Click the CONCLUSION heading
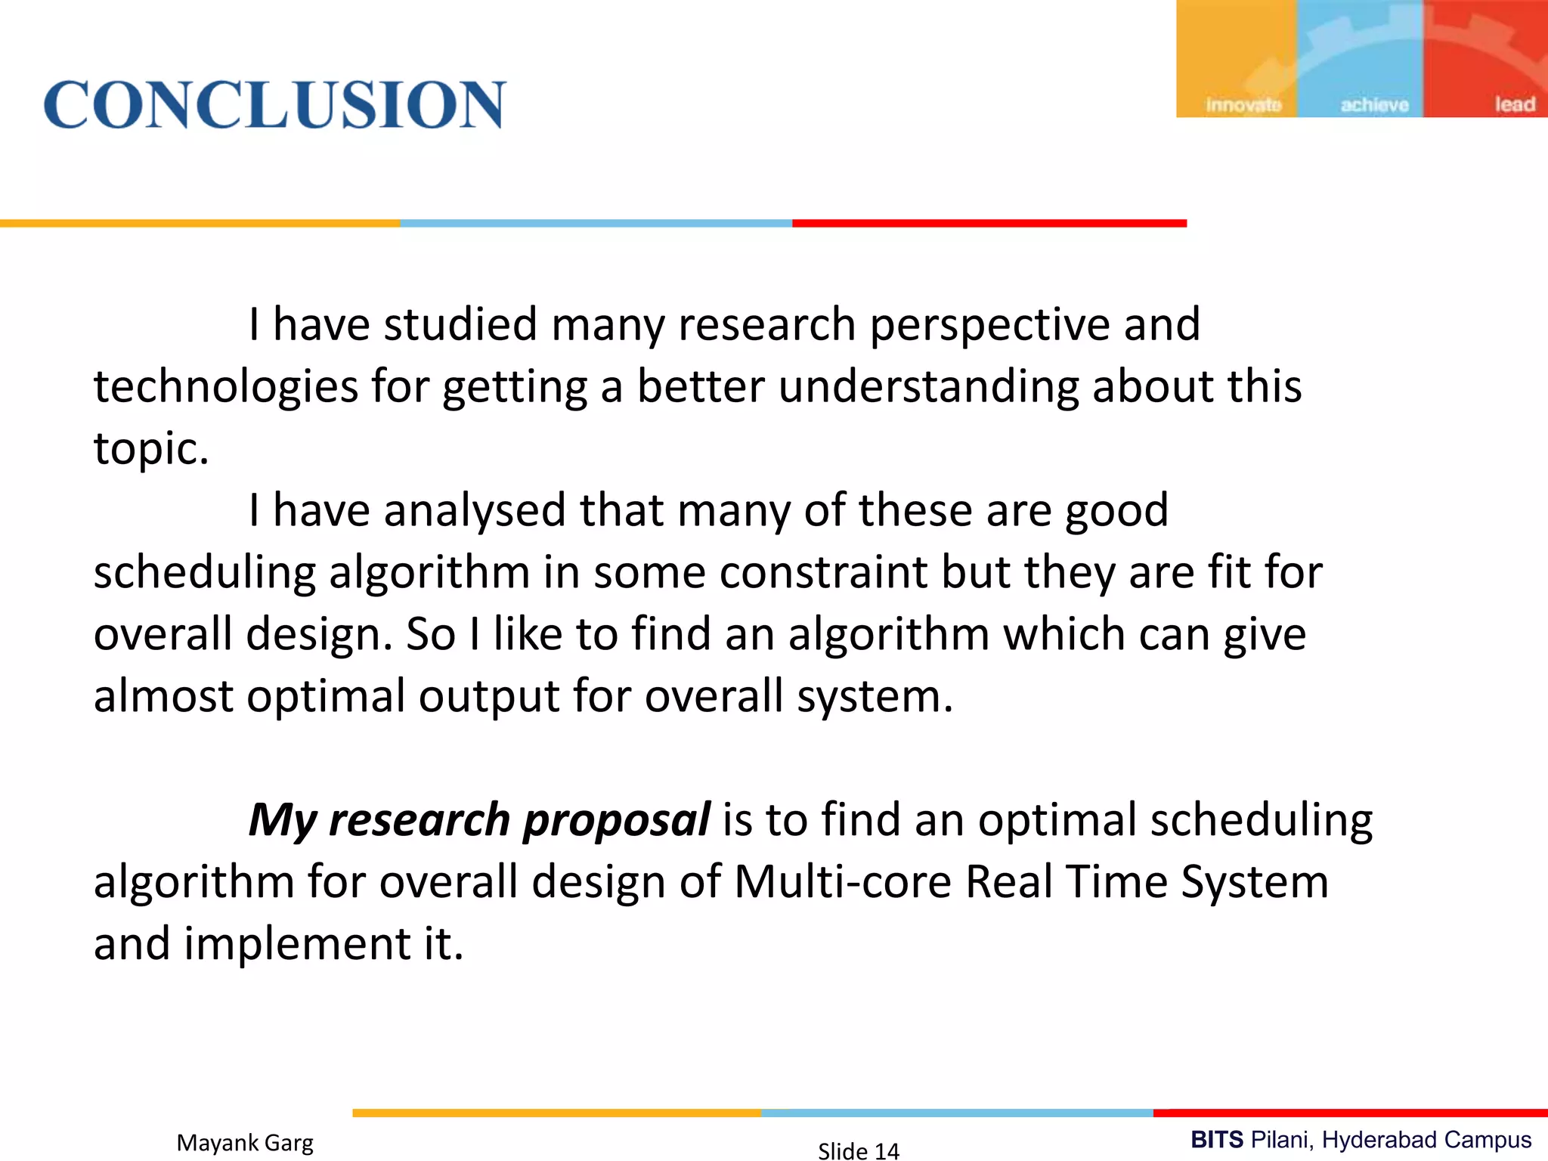274,104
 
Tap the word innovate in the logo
1243,105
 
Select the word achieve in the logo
1374,105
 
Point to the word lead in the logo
1515,104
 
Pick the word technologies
225,387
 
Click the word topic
150,449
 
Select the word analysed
474,511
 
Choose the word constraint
823,572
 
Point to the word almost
163,695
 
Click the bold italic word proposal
616,821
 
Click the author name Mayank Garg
245,1143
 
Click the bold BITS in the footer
1217,1140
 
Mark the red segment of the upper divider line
989,224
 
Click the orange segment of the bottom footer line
556,1113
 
